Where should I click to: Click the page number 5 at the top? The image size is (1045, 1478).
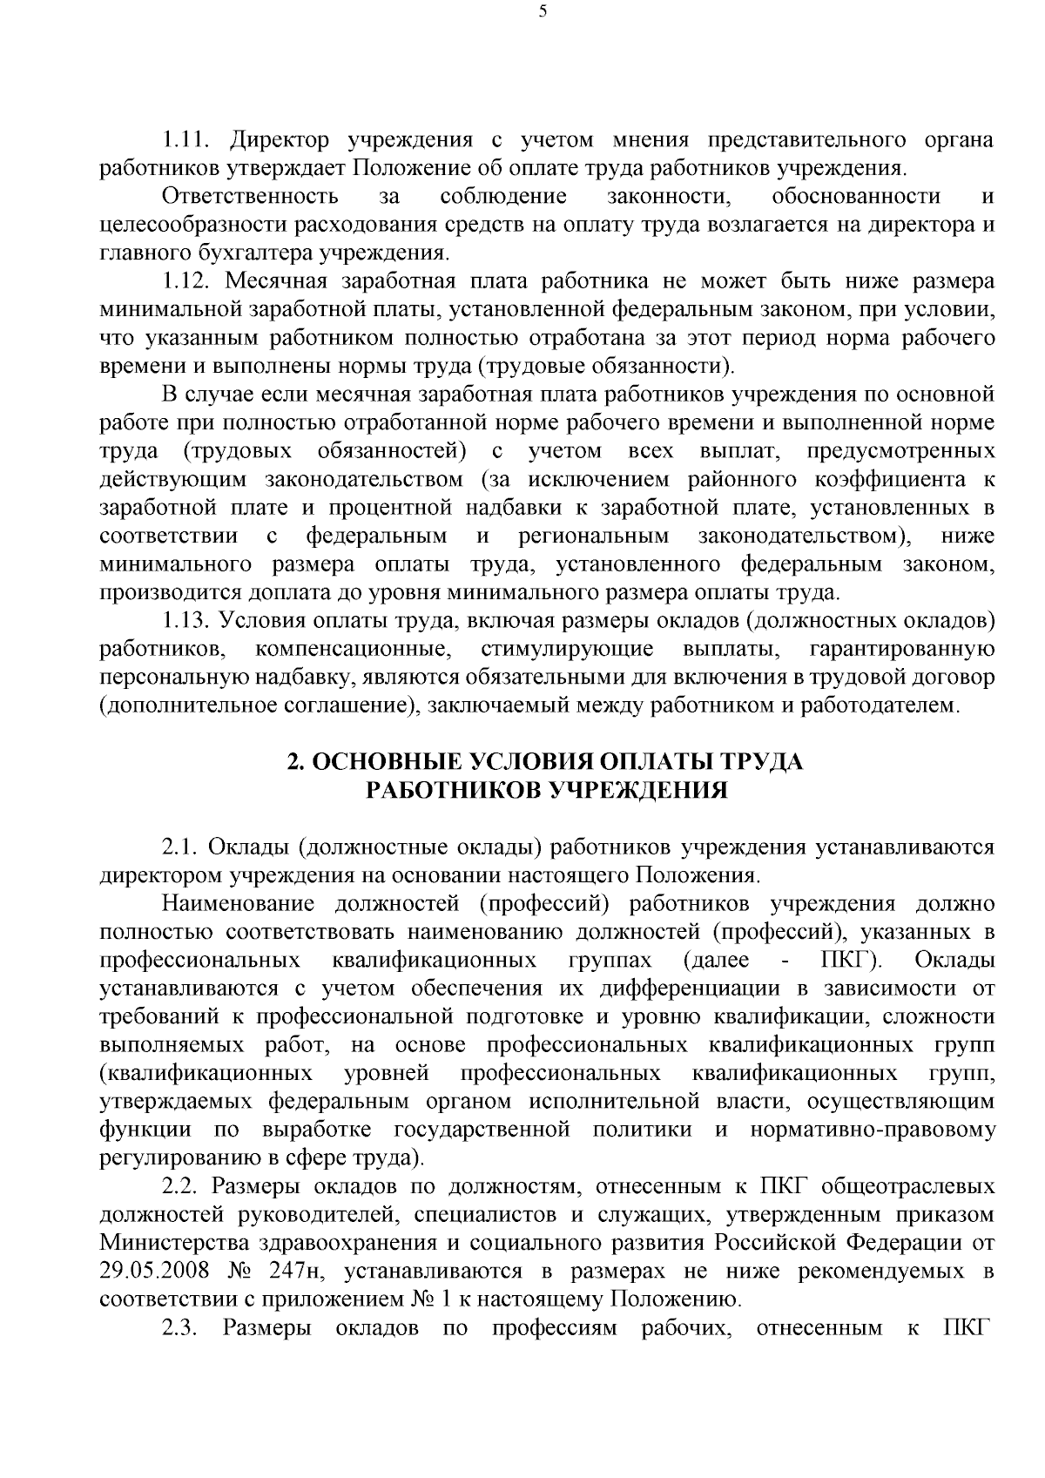[x=542, y=11]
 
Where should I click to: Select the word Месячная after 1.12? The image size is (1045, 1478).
[x=276, y=281]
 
